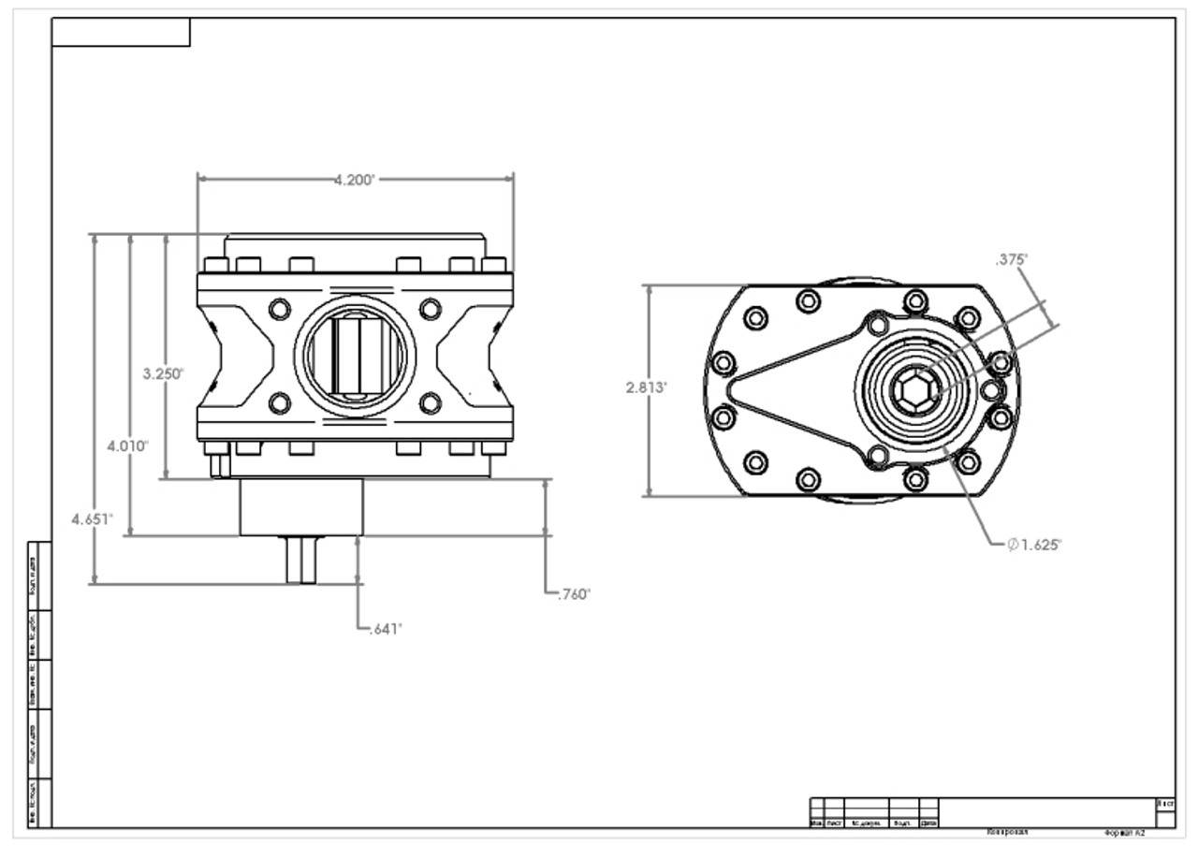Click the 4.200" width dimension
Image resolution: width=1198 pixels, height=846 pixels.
(355, 180)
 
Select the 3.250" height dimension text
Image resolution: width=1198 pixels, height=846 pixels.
(163, 373)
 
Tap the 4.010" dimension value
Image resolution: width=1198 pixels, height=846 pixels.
(127, 445)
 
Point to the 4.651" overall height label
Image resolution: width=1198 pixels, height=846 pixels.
(93, 518)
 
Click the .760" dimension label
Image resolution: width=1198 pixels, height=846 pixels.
(573, 594)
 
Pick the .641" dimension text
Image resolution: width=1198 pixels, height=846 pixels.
(383, 629)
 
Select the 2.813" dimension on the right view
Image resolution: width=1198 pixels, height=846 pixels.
(646, 387)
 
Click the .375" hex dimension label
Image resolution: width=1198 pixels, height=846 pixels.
(1012, 259)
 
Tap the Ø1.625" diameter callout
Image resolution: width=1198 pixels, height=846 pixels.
(1034, 545)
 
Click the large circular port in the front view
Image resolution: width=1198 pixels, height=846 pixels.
(355, 356)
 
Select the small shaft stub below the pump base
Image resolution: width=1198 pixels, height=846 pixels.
(300, 560)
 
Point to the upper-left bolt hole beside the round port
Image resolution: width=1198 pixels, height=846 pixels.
(279, 309)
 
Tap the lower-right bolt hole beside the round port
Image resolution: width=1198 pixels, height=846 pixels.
(430, 403)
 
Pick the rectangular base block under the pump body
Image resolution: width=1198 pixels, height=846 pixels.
(300, 507)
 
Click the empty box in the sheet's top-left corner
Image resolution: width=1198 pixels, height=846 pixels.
(121, 33)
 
